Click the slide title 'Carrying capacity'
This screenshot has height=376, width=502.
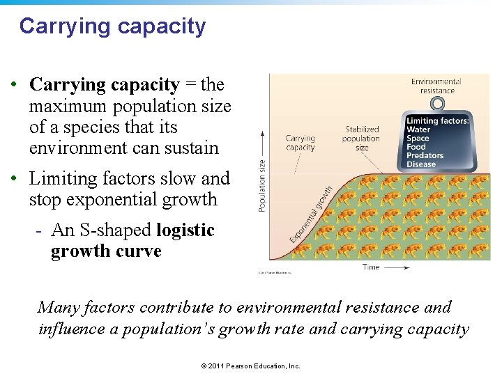(112, 26)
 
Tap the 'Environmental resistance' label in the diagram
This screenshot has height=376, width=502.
(436, 86)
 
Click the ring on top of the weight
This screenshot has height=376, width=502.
(437, 104)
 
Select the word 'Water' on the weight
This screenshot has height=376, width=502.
(418, 130)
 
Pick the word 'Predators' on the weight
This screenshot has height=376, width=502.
(425, 155)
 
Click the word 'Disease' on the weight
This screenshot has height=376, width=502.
(421, 164)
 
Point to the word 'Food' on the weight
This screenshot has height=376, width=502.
(416, 147)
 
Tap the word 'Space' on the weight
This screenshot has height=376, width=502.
(418, 139)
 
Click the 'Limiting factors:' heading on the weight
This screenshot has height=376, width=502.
(437, 121)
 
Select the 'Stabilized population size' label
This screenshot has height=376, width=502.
(362, 138)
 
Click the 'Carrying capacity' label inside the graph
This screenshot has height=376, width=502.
(300, 143)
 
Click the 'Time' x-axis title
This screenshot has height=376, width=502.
(371, 267)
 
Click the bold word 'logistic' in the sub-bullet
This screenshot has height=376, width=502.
(185, 230)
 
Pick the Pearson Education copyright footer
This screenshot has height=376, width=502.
(250, 366)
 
